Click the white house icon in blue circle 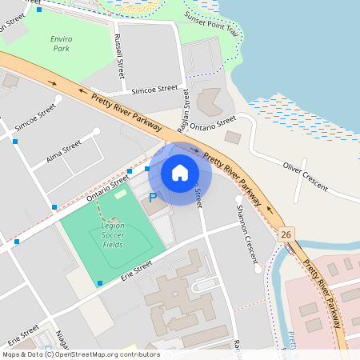180,173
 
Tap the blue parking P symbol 152,197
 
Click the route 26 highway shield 286,234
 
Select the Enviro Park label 60,43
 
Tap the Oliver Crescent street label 305,175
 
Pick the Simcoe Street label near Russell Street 155,90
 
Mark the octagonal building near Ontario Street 210,102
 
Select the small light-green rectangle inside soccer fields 121,194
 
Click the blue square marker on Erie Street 99,283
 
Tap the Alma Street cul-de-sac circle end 97,131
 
